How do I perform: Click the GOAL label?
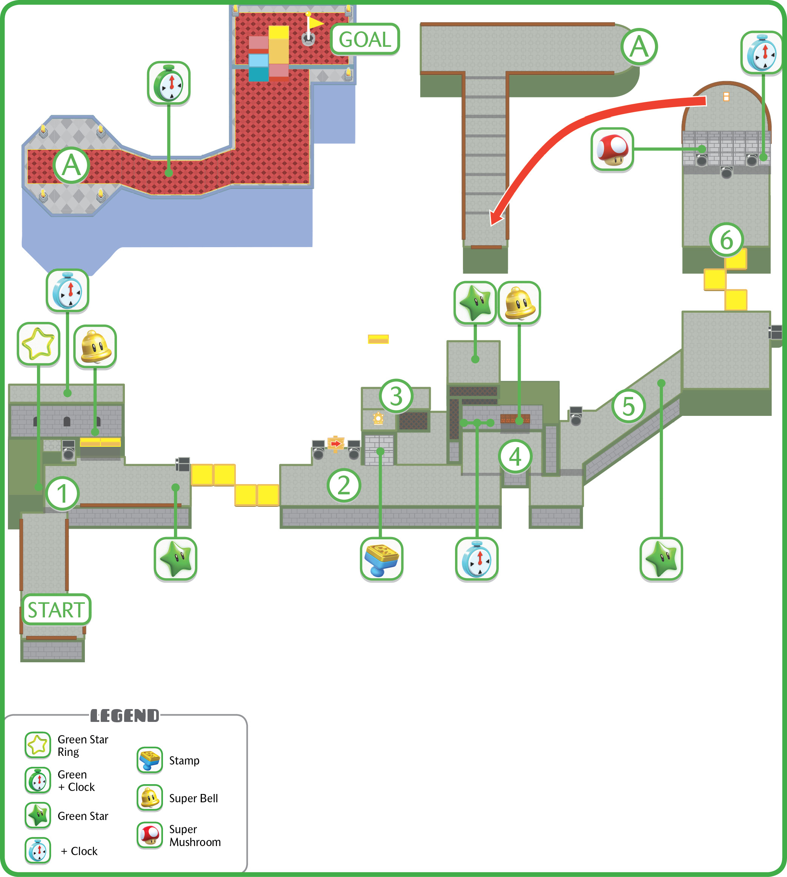pos(365,39)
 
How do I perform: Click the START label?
pos(56,609)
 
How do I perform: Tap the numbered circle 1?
pos(62,494)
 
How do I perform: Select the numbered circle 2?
pos(344,485)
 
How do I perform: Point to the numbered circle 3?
pos(396,396)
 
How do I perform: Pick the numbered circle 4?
pos(515,457)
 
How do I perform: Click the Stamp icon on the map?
pos(381,559)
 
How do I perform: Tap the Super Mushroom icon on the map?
pos(612,149)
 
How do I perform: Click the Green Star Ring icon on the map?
pos(38,344)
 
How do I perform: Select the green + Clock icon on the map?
pos(169,83)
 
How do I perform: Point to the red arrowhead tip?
pos(491,225)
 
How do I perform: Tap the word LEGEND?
pos(125,716)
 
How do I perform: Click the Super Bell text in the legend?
pos(193,798)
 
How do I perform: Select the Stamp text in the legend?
pos(184,761)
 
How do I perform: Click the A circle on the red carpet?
pos(71,166)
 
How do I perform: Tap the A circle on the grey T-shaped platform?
pos(639,47)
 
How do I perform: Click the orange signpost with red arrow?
pos(335,444)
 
